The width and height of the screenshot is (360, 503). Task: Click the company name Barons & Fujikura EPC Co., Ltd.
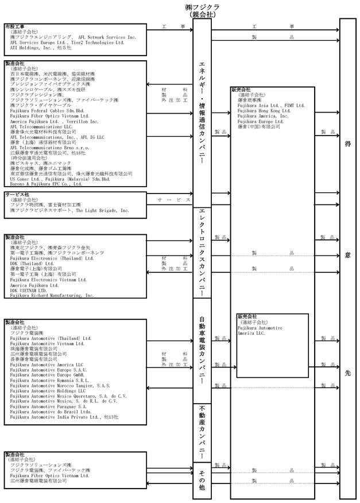[45, 184]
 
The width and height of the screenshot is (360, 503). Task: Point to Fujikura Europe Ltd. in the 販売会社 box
[260, 121]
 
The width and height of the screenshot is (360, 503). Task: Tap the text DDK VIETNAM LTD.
[32, 290]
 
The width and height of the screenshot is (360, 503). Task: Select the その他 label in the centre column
[202, 479]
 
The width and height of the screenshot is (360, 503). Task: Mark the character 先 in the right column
[347, 372]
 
